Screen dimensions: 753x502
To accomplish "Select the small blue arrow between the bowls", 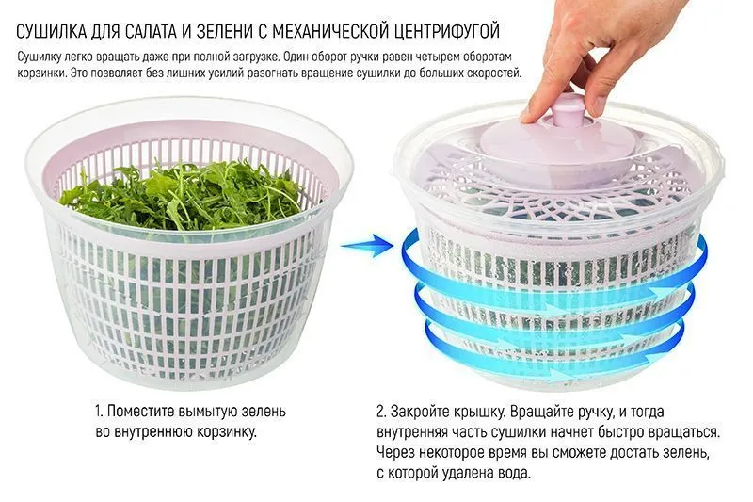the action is pyautogui.click(x=367, y=245).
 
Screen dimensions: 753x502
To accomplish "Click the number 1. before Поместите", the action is pyautogui.click(x=99, y=412).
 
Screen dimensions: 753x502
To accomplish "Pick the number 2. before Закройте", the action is pyautogui.click(x=381, y=413).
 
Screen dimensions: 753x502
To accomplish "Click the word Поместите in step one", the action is pyautogui.click(x=141, y=412).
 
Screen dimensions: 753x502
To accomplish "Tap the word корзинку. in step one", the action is pyautogui.click(x=227, y=432).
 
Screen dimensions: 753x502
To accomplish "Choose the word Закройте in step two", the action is pyautogui.click(x=420, y=413).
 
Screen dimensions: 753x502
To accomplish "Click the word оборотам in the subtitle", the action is pyautogui.click(x=489, y=57).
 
